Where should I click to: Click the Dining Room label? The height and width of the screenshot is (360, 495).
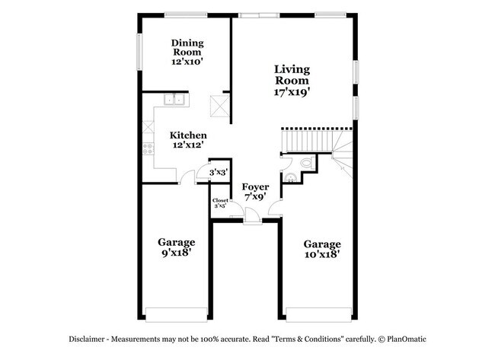(187, 47)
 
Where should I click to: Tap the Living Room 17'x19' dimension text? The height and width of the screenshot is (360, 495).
(292, 92)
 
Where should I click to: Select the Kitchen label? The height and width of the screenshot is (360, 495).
(188, 135)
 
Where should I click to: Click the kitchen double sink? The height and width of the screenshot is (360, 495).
(174, 100)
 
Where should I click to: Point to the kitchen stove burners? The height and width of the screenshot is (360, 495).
(148, 148)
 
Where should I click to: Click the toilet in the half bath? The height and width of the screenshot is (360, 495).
(308, 163)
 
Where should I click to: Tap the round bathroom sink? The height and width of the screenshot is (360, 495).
(290, 178)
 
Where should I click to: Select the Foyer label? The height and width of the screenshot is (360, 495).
(255, 186)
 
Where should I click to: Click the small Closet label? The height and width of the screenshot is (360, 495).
(220, 200)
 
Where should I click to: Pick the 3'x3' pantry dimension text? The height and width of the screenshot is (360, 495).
(219, 173)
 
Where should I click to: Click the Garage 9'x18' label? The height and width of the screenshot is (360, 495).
(176, 247)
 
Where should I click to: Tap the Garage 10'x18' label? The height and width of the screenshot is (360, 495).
(322, 249)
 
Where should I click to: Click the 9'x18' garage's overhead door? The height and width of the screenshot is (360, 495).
(176, 314)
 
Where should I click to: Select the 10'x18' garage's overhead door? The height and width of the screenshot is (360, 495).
(319, 314)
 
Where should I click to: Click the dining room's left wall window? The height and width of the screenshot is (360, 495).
(139, 52)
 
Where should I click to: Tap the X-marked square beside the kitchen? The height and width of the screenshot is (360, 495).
(220, 106)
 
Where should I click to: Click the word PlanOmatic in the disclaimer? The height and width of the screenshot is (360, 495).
(407, 339)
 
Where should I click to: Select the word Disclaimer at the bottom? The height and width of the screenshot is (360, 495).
(87, 339)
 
